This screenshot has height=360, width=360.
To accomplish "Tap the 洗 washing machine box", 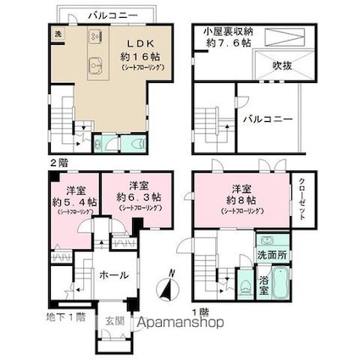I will pos(58,33).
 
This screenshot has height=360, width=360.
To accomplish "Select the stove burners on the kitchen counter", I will pos(94,36).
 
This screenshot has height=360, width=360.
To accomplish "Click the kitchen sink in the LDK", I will pos(94,60).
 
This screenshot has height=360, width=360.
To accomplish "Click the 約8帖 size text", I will pos(242,200).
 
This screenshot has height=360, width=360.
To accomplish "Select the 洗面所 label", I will pos(272,255).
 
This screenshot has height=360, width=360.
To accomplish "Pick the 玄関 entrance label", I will pos(114,321).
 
